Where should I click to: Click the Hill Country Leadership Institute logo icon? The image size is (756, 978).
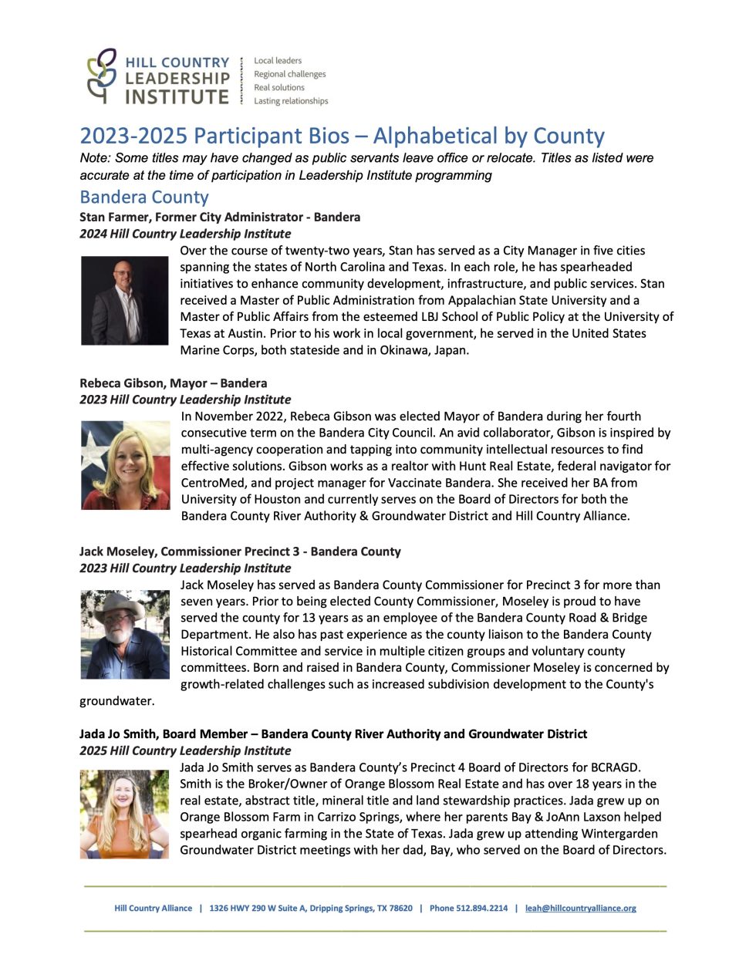(102, 76)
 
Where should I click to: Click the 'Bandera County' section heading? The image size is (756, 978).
(144, 197)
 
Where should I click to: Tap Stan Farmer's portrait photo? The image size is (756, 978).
(124, 300)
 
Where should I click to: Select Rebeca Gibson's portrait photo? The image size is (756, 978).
(125, 465)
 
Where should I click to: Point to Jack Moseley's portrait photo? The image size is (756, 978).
(125, 634)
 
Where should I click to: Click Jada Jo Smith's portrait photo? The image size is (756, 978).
(124, 814)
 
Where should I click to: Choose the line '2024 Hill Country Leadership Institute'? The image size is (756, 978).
(185, 234)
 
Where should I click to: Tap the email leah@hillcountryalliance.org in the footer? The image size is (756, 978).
(580, 908)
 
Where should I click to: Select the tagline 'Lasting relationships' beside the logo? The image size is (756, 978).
(291, 101)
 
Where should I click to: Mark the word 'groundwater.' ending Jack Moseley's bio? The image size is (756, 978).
(117, 701)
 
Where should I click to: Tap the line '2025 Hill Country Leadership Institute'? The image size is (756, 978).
(185, 750)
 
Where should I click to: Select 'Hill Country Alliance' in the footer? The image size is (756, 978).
(153, 908)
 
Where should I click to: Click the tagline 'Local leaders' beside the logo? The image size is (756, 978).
(278, 60)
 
